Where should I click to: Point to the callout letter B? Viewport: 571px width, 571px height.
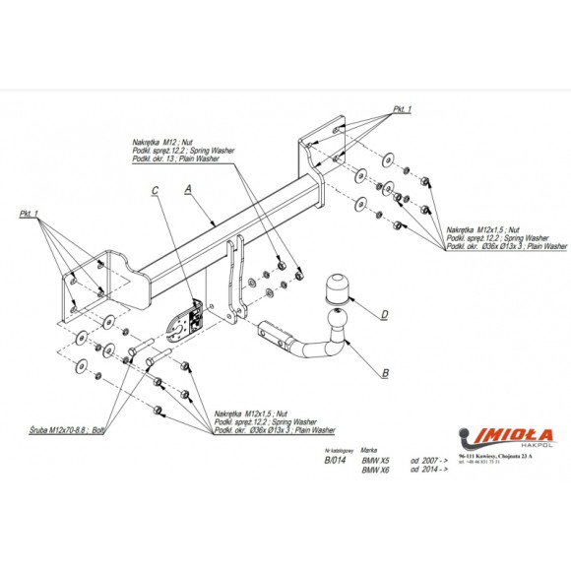385,374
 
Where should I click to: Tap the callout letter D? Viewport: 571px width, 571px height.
385,315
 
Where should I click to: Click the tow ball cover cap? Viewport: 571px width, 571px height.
339,288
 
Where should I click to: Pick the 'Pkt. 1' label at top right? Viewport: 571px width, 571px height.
403,108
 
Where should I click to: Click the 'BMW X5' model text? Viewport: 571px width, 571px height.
376,460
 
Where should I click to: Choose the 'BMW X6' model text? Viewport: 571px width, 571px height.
376,470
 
